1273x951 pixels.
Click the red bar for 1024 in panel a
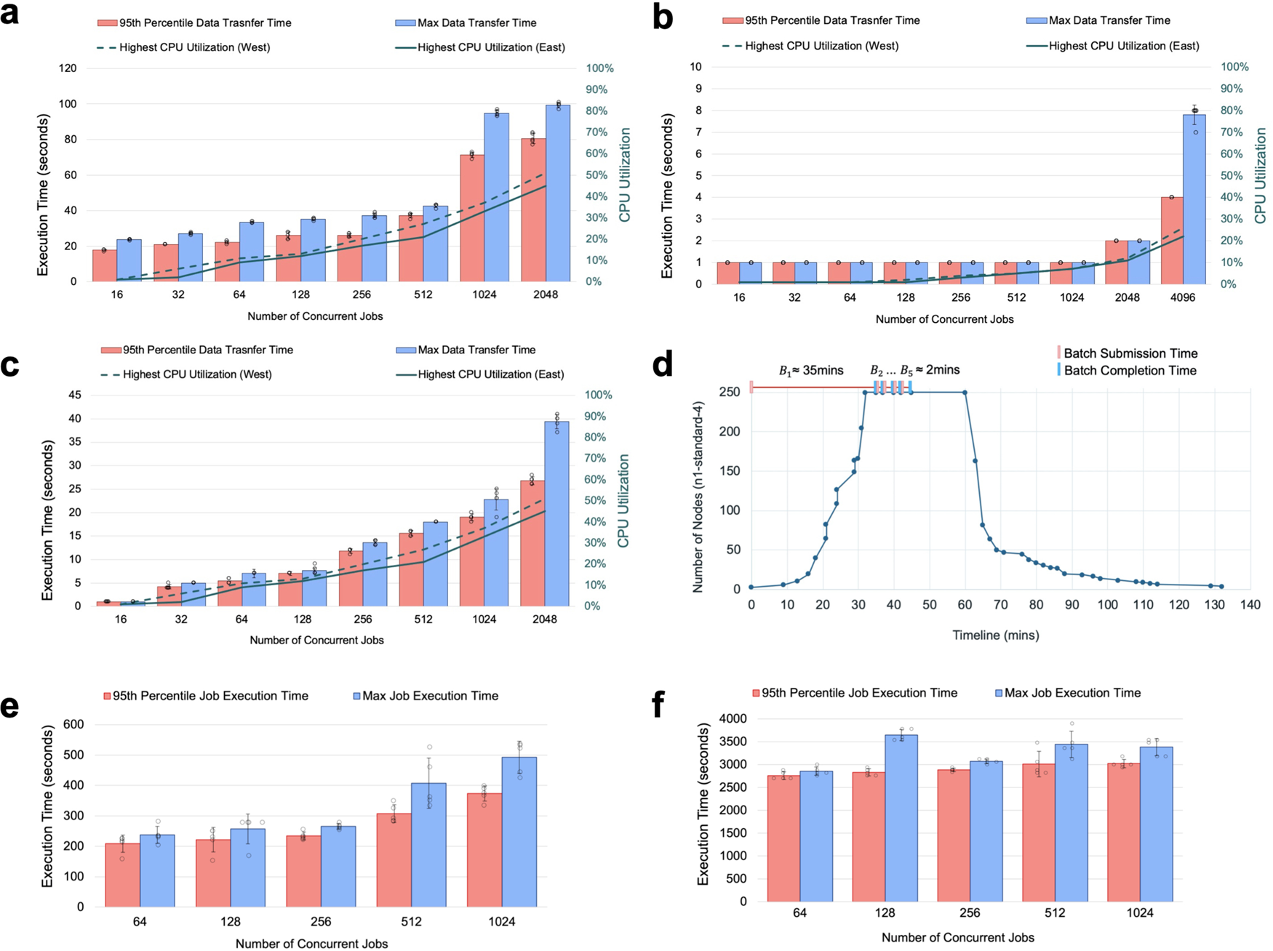[x=472, y=218]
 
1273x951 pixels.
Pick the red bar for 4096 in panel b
[x=1171, y=241]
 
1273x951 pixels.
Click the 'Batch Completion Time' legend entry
[x=1129, y=371]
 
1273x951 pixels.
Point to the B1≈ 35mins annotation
[x=811, y=371]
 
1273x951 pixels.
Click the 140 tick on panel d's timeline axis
[x=1250, y=605]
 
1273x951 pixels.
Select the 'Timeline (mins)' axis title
[x=995, y=635]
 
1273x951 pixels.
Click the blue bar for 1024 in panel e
[x=519, y=832]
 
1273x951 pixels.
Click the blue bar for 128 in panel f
[x=901, y=818]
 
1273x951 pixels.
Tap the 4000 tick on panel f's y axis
[x=733, y=719]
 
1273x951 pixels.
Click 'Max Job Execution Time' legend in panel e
[x=430, y=696]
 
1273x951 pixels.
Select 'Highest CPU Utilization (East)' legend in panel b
[x=1123, y=46]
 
